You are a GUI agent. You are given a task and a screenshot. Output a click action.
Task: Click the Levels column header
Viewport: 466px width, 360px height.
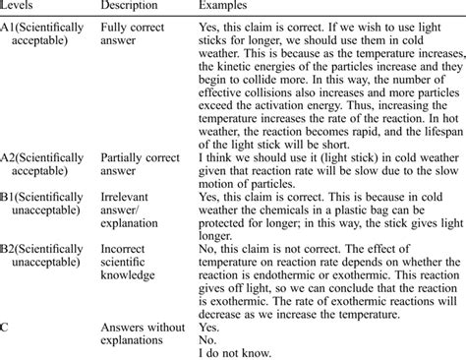(x=19, y=8)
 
